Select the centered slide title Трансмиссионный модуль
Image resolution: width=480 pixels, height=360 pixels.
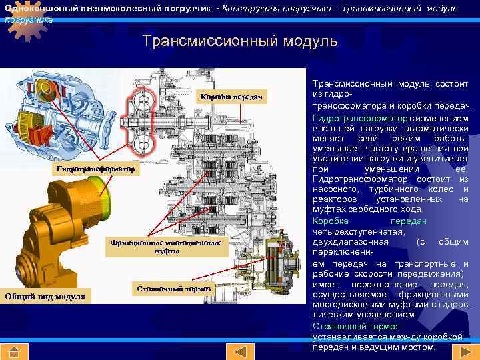pos(240,41)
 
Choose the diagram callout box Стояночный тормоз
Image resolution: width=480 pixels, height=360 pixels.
pos(173,289)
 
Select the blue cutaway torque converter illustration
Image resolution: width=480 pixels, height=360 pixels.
pos(64,113)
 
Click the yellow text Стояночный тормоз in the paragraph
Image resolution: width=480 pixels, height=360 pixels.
pos(356,326)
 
